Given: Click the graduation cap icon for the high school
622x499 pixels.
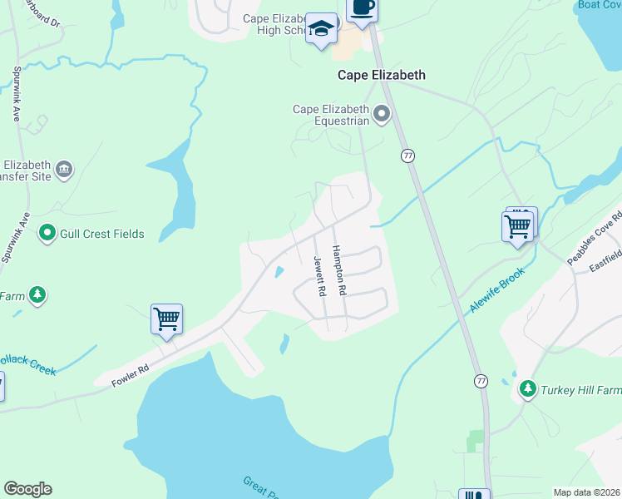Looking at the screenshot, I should point(321,29).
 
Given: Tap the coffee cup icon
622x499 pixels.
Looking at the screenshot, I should point(360,7).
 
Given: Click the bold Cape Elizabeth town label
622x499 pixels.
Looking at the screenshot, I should point(381,75).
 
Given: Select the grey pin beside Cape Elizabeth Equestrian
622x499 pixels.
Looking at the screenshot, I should point(382,114).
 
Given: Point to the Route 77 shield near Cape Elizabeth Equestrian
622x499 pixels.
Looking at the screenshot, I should point(407,156).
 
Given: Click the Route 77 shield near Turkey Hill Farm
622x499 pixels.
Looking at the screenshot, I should point(481,380).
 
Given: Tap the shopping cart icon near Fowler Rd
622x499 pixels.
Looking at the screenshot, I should point(166,319).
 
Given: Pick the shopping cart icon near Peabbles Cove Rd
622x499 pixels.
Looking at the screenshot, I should point(518,225).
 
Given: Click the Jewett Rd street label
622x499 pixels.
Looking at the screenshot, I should point(318,276).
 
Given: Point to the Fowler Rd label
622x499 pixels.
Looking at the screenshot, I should point(131,375).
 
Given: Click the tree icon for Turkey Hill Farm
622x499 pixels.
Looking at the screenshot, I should point(527,388).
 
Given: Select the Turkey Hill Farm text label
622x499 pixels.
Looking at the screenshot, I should point(580,389).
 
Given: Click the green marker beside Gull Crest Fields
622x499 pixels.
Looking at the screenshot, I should point(47,234).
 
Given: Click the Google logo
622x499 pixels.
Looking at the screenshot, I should point(27,489).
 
